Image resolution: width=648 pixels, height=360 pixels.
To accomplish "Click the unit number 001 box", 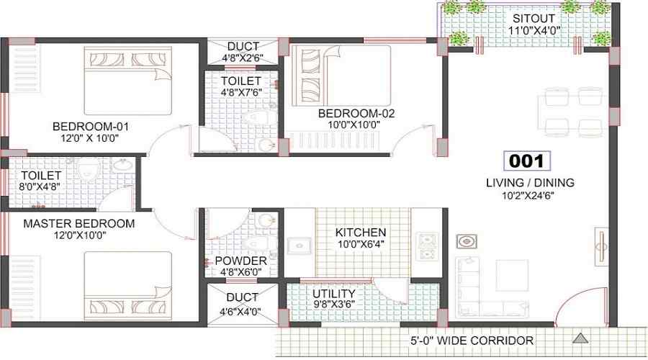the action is (x=527, y=161).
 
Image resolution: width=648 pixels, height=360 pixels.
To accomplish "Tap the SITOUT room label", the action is (x=534, y=19).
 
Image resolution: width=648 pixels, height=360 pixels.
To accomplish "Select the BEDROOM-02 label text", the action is (x=356, y=113).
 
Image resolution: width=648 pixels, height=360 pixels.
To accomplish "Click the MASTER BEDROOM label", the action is (x=79, y=224).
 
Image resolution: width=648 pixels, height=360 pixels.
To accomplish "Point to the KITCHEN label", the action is (x=361, y=233).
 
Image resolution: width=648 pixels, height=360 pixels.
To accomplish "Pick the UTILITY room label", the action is (x=334, y=294).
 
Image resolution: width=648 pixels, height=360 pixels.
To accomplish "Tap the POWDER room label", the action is (x=241, y=261).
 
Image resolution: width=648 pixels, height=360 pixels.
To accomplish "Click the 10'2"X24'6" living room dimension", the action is (x=528, y=196).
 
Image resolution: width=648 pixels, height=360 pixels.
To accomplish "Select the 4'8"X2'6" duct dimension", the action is (x=243, y=58).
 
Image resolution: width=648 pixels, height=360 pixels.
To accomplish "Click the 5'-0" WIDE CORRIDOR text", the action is (x=472, y=341).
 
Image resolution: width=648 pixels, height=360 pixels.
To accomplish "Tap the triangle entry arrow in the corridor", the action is (x=580, y=338).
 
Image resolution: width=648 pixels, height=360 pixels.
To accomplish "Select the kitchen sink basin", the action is (x=300, y=246).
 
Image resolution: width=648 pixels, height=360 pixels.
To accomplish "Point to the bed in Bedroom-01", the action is (x=128, y=81).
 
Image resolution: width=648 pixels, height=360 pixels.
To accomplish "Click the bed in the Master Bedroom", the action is (x=128, y=286).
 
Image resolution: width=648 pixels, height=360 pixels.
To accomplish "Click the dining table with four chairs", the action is (x=573, y=112).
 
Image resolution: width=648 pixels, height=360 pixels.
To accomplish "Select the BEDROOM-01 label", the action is (x=91, y=127).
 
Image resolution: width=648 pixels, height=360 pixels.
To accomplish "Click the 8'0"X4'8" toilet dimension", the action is (x=40, y=186).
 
